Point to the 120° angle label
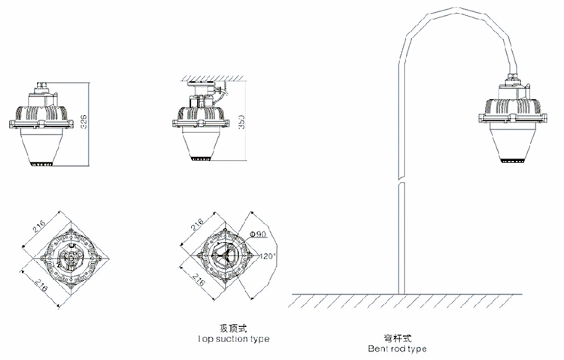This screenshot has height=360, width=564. click(x=268, y=256)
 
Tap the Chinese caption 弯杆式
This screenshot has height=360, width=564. click(x=396, y=338)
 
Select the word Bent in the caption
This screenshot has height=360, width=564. click(x=378, y=349)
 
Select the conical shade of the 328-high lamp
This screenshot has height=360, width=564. click(x=43, y=147)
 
